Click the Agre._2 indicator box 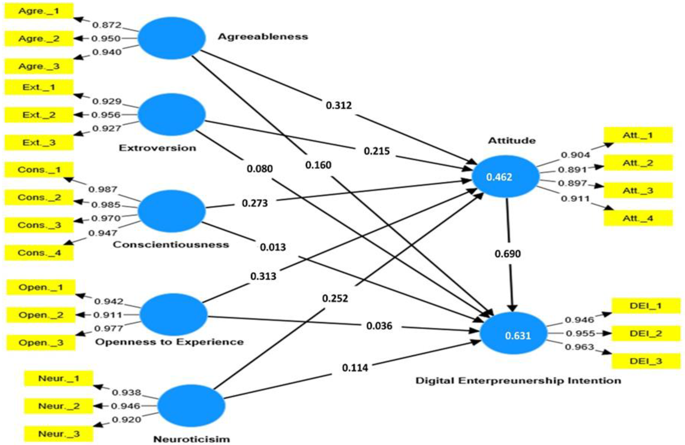tap(39, 38)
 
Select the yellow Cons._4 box tap(39, 253)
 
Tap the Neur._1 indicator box tap(58, 378)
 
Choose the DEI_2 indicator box tap(645, 333)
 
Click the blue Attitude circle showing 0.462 tap(505, 176)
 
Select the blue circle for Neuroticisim tap(191, 405)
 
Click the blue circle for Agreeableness tap(172, 38)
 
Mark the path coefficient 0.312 tap(339, 105)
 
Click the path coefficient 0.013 tap(273, 247)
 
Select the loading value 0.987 tap(103, 189)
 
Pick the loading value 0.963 tap(579, 347)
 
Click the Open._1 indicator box tap(41, 287)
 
